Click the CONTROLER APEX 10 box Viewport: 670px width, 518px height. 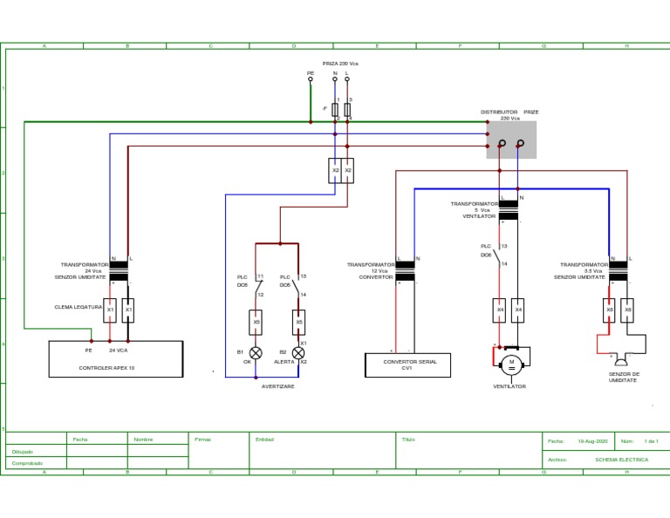[x=115, y=358]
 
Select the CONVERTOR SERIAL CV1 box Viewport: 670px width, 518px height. [x=407, y=365]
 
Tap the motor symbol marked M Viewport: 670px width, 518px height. [x=511, y=363]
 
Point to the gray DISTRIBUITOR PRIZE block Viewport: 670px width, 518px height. [x=511, y=140]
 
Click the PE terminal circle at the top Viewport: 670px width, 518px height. [x=311, y=79]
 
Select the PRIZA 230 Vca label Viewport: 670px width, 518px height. [x=340, y=64]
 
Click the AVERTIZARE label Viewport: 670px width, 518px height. [x=277, y=386]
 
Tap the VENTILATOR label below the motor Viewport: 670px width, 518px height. [x=509, y=386]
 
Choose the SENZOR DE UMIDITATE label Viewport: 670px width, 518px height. [x=624, y=377]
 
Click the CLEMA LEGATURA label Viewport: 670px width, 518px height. [x=79, y=307]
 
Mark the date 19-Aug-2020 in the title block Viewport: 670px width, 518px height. [x=592, y=441]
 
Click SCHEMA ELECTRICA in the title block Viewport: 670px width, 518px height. [x=621, y=460]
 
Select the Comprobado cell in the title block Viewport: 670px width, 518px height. [x=28, y=463]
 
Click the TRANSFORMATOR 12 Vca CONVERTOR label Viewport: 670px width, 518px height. [x=372, y=271]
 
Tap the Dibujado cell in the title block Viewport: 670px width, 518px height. [x=23, y=452]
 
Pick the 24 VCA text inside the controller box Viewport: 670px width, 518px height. [x=118, y=350]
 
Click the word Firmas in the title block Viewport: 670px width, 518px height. [x=202, y=440]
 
